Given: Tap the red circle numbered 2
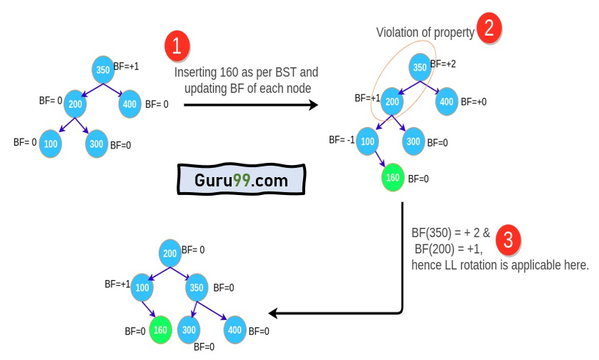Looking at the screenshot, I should point(489,29).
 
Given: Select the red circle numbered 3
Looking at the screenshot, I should point(508,240).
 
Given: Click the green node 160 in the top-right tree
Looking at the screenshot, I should point(392,177).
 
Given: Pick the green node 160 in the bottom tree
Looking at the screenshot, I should point(161,330).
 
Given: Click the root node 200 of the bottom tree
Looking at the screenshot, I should point(170,254).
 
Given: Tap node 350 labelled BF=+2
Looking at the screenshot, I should point(420,68).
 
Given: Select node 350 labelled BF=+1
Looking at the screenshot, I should point(104,70).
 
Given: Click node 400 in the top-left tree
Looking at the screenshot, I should point(129,104).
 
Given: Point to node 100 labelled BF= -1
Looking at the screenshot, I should point(367,140).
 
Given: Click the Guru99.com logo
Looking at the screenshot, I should point(241,180).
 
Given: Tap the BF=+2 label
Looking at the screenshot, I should point(443,64).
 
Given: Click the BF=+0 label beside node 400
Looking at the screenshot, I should point(473,102).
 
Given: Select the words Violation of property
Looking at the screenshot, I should point(425,33).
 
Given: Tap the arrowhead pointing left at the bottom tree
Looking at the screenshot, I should point(274,313).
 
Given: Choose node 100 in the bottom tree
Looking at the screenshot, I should point(142,287).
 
